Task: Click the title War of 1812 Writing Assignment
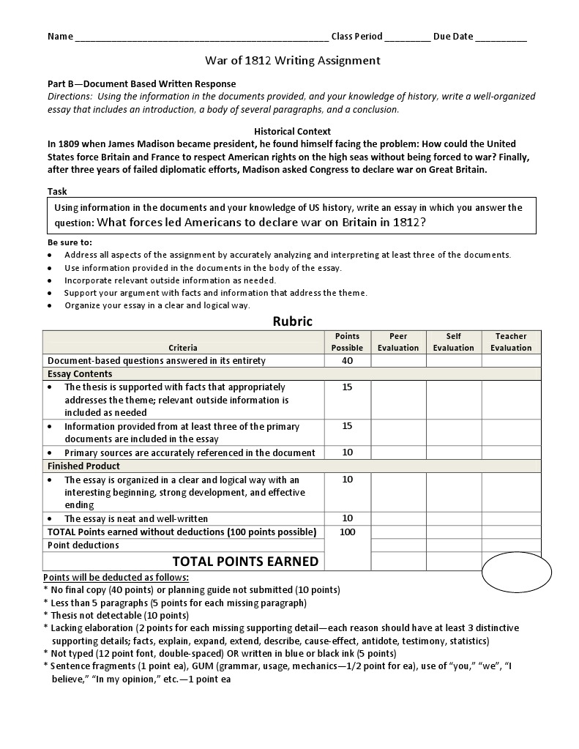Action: [291, 61]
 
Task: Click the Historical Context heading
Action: [291, 132]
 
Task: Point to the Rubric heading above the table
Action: [292, 321]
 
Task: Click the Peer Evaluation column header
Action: [398, 342]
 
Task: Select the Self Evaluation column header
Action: [453, 342]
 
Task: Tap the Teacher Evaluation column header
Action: [511, 342]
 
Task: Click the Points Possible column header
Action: [347, 342]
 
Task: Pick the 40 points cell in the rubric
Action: [347, 360]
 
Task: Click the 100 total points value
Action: [347, 532]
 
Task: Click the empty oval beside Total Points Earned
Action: [517, 572]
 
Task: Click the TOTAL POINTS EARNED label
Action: [245, 562]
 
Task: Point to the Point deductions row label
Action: [83, 545]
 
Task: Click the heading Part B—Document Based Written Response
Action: [142, 84]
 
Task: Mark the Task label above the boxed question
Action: [57, 191]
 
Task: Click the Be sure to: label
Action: [70, 242]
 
